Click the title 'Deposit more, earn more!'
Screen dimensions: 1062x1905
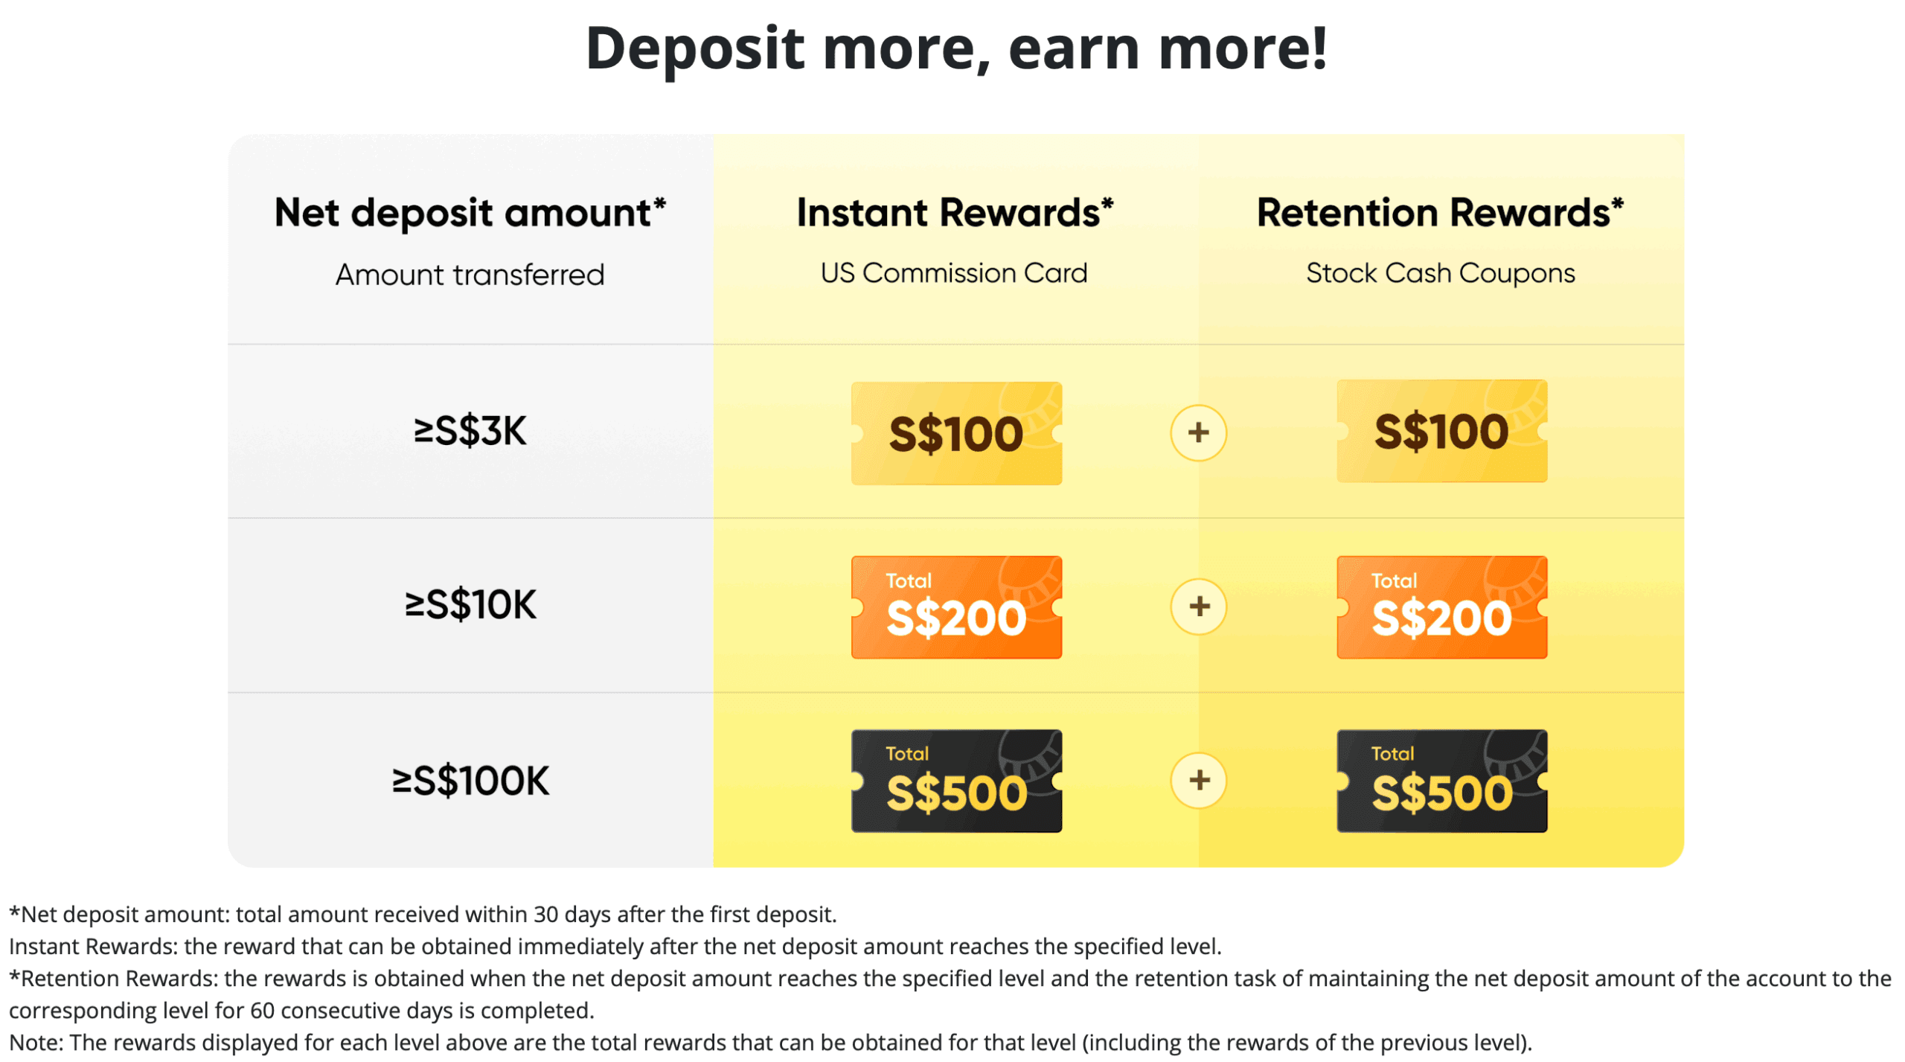click(x=955, y=49)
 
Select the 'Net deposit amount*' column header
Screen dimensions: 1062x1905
click(x=470, y=214)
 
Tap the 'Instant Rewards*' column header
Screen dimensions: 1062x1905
click(x=954, y=213)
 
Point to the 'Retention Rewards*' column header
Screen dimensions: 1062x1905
click(x=1439, y=213)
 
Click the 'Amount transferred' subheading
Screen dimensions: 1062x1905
click(x=470, y=275)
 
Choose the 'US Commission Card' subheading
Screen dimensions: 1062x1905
click(x=953, y=273)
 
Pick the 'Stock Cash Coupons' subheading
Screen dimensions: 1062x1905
click(x=1440, y=273)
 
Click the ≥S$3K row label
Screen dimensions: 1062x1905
click(x=470, y=431)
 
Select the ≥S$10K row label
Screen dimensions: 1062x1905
click(x=470, y=604)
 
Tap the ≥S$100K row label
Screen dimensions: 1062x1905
click(x=470, y=781)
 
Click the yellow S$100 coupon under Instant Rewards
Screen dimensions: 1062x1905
click(x=956, y=433)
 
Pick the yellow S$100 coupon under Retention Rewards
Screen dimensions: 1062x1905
click(x=1441, y=431)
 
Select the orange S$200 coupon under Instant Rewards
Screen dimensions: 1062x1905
click(x=956, y=607)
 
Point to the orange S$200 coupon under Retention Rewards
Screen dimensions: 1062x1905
click(x=1441, y=607)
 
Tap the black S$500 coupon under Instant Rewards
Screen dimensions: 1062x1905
click(x=956, y=781)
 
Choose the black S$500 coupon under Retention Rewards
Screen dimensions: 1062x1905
click(x=1441, y=781)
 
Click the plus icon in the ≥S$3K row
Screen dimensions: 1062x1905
click(x=1198, y=432)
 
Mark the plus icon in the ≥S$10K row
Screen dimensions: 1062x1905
click(x=1198, y=607)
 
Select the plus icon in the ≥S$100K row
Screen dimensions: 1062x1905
click(x=1198, y=780)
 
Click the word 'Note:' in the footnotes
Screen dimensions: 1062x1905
click(x=36, y=1042)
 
